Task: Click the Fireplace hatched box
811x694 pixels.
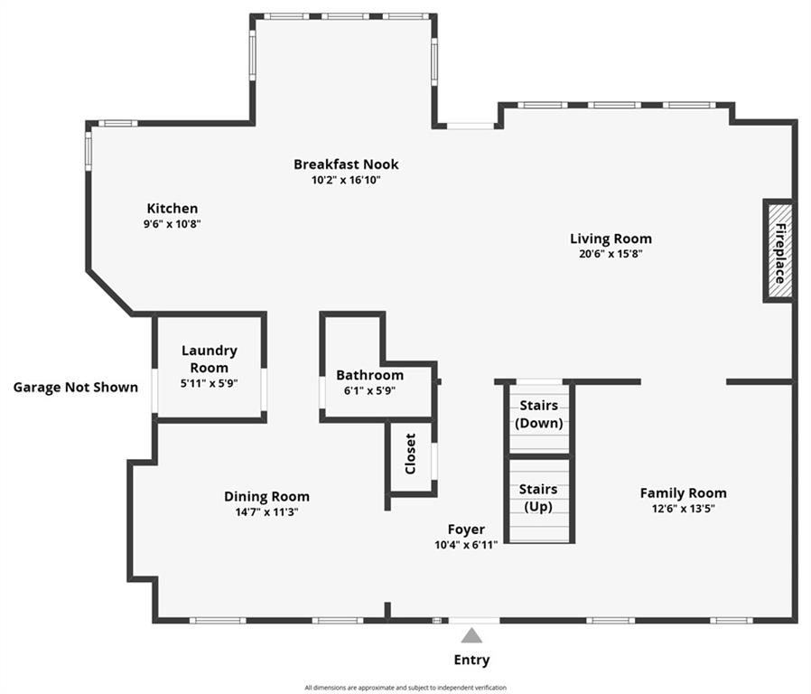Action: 778,251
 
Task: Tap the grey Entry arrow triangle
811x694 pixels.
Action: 471,635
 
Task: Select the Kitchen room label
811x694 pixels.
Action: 172,209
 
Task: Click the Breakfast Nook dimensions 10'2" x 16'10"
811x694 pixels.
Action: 346,180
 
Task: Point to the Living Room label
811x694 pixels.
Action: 611,239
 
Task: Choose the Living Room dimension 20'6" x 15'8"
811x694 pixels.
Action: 611,254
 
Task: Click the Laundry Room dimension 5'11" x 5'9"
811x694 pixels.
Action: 209,383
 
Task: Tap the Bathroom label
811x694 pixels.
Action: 369,375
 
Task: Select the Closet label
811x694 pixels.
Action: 411,454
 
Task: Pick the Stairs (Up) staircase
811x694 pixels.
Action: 539,501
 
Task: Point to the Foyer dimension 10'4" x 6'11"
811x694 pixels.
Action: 466,544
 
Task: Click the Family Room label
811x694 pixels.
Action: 684,493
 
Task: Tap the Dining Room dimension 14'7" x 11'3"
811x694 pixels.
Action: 267,512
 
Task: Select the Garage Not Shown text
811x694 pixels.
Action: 76,387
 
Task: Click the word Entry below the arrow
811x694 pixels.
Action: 471,660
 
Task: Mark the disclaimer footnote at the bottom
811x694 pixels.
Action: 405,688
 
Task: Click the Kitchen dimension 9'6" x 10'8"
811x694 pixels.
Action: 172,224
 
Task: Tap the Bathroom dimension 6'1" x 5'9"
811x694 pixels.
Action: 369,390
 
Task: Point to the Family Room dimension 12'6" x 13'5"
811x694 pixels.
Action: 684,508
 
